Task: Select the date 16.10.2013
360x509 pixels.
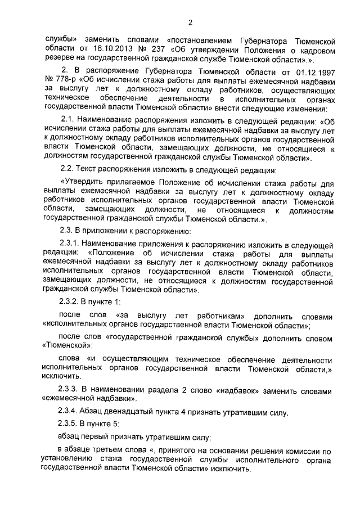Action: pyautogui.click(x=99, y=49)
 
